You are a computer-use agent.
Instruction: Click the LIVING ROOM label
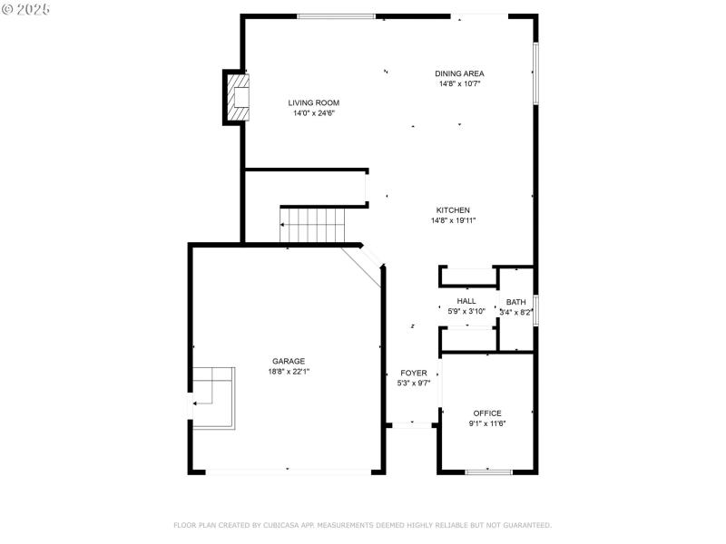(x=314, y=102)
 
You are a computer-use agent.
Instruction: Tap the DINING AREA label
(x=459, y=73)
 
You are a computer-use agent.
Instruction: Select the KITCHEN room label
(x=453, y=209)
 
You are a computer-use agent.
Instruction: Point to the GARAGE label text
(x=289, y=360)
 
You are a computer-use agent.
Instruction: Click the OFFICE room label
(x=487, y=413)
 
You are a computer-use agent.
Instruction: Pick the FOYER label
(x=413, y=373)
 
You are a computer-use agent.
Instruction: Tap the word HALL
(x=466, y=301)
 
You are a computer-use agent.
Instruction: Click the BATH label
(x=515, y=302)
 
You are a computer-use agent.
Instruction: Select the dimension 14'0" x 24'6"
(x=314, y=113)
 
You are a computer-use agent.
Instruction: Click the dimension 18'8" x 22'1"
(x=289, y=371)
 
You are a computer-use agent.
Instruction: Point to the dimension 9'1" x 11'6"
(x=487, y=423)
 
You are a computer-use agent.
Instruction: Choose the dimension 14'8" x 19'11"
(x=453, y=220)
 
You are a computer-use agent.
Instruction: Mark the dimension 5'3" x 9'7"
(x=413, y=384)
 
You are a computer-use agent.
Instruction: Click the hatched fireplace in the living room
(x=238, y=97)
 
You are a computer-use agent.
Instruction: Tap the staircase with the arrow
(x=313, y=225)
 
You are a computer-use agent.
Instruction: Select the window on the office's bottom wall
(x=488, y=471)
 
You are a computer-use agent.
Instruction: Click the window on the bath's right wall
(x=536, y=310)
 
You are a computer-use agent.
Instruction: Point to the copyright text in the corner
(x=26, y=8)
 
